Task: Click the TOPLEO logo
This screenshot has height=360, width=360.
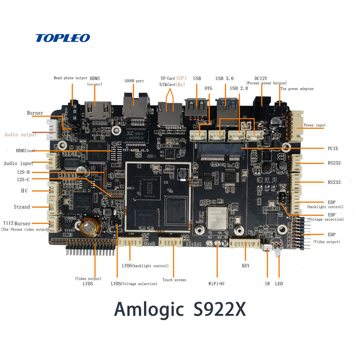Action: [63, 38]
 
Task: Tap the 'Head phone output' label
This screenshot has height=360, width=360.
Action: [71, 78]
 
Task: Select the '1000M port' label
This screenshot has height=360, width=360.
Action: [134, 81]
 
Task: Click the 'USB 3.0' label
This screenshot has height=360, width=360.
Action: [225, 78]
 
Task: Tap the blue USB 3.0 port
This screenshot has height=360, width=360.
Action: [226, 108]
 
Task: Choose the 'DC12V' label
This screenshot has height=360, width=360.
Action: [261, 78]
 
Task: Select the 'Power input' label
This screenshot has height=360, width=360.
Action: [315, 125]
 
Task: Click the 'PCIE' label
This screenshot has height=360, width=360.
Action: [333, 148]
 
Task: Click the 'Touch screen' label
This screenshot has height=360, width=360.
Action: [174, 280]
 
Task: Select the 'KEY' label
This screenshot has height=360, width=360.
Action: [246, 266]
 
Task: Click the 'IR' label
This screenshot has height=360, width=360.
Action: [267, 284]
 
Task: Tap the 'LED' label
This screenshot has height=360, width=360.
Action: [279, 284]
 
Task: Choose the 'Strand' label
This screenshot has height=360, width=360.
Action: [22, 207]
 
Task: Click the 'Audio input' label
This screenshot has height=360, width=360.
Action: [18, 163]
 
